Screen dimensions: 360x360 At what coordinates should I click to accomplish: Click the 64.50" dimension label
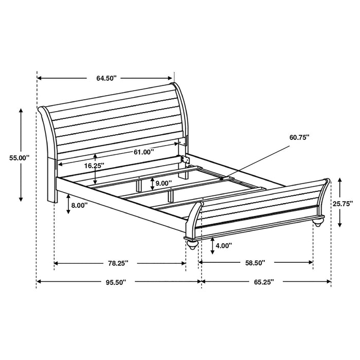click(x=106, y=79)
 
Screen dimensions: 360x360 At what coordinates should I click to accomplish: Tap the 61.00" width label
click(x=143, y=152)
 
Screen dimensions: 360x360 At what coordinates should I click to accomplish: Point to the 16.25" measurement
click(x=94, y=166)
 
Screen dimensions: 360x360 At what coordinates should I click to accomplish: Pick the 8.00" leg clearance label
click(x=79, y=205)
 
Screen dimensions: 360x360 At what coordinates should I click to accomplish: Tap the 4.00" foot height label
click(x=224, y=246)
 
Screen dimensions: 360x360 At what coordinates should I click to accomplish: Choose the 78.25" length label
click(x=118, y=263)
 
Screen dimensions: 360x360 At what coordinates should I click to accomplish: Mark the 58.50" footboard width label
click(x=255, y=263)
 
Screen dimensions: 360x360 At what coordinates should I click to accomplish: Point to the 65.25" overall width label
click(x=263, y=282)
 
